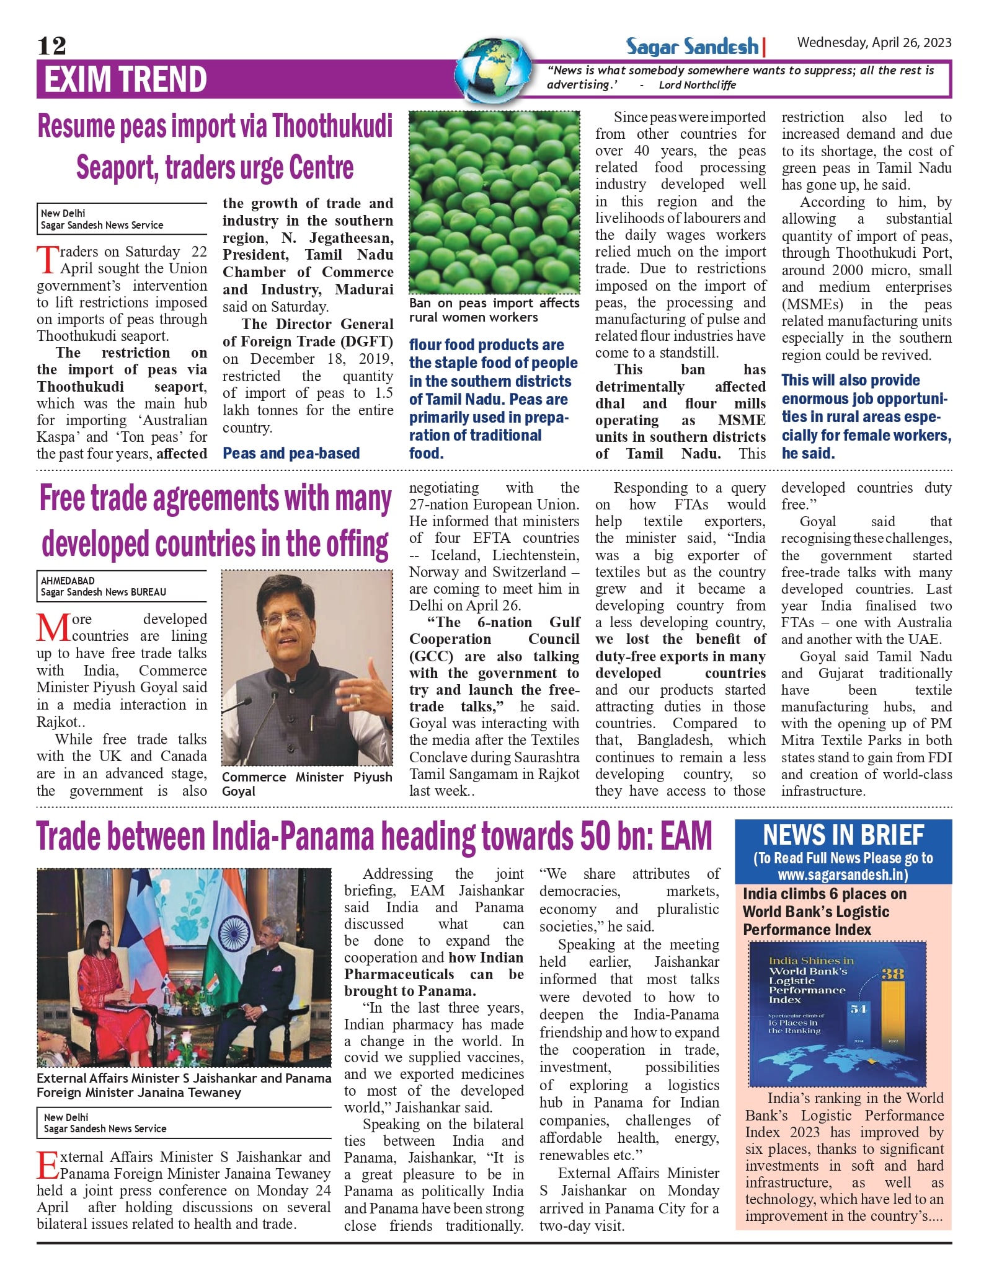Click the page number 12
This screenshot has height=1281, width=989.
(51, 46)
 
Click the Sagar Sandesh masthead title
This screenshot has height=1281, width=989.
(692, 46)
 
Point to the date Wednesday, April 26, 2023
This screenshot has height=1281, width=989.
(874, 42)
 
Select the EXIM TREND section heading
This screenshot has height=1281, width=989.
(125, 79)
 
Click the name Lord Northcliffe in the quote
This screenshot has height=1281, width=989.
(697, 85)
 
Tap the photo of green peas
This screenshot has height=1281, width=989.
(494, 201)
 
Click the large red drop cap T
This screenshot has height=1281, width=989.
(48, 260)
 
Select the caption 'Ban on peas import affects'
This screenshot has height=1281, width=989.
(494, 303)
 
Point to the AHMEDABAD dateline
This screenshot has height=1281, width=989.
(68, 581)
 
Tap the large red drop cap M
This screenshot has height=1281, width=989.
(53, 627)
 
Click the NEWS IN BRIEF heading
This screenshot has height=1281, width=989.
(843, 835)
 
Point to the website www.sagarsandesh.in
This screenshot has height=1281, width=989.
(843, 874)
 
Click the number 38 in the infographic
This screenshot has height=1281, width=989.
(893, 974)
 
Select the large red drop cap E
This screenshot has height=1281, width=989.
(48, 1166)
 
